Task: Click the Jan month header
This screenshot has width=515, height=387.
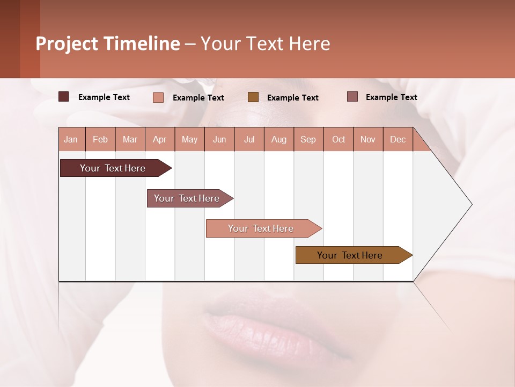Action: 71,139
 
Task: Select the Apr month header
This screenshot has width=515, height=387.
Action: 160,139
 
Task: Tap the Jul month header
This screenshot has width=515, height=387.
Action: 249,139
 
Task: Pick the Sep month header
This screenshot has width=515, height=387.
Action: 308,139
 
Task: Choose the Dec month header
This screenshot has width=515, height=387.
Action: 398,139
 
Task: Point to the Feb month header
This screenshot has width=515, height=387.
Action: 100,139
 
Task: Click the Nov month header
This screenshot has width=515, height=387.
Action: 367,139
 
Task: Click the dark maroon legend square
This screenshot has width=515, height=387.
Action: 63,97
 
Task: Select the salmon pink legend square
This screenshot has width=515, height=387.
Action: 158,97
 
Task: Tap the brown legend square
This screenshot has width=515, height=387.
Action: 253,97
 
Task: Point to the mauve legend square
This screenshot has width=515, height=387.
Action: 352,97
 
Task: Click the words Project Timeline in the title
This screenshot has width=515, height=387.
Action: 107,44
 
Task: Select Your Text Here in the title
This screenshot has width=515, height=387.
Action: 265,44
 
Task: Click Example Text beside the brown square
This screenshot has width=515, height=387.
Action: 292,97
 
